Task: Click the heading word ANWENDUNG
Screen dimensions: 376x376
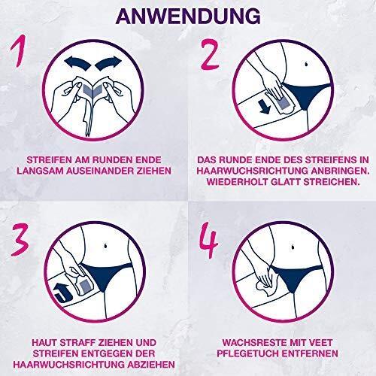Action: (x=188, y=17)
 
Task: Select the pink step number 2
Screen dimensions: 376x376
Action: (x=210, y=54)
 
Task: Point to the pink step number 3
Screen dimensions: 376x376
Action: (x=20, y=240)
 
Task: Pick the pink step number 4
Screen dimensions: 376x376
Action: (x=209, y=240)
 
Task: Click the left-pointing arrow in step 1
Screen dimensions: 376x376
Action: (x=77, y=63)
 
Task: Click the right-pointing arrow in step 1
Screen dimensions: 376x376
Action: (x=108, y=63)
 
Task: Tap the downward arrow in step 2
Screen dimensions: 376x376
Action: (x=265, y=107)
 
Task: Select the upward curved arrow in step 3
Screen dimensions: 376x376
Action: (x=63, y=293)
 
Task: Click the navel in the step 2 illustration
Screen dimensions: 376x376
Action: (x=306, y=64)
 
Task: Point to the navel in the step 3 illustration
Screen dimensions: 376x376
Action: (x=106, y=245)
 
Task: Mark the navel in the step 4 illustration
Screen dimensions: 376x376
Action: (x=293, y=247)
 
